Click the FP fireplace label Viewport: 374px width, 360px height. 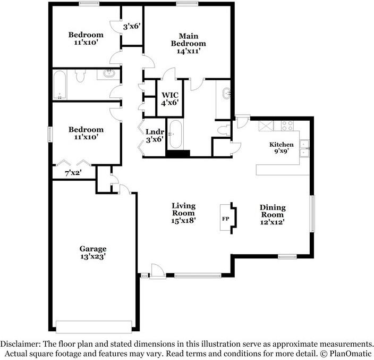[226, 219]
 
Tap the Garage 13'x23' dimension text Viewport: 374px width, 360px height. [93, 257]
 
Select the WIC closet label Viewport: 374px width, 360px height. [170, 95]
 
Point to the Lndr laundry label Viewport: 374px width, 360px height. [155, 132]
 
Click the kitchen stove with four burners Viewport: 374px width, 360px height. [287, 126]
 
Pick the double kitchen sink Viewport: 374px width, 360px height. [304, 148]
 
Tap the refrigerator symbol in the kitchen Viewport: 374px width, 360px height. [266, 126]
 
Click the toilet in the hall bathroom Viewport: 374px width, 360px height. [80, 76]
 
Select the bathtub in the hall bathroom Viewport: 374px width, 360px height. [59, 85]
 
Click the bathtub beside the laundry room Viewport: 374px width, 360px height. [175, 135]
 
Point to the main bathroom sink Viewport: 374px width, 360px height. [226, 93]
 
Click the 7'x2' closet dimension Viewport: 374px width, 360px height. [73, 173]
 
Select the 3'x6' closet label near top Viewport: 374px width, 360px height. [131, 26]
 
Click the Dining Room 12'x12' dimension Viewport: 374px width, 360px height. [273, 222]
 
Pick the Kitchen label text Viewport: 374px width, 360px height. [282, 145]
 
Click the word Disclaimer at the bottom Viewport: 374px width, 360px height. [20, 344]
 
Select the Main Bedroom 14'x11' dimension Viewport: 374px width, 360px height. [189, 51]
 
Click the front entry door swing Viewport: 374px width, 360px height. [158, 271]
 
